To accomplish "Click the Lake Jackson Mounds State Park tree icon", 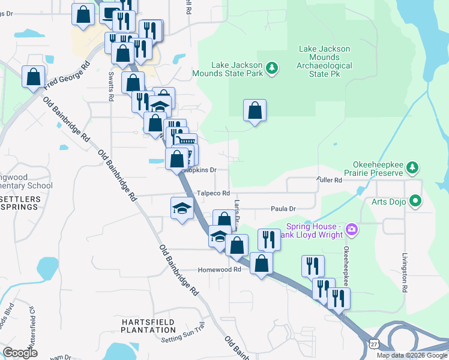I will click(x=273, y=67).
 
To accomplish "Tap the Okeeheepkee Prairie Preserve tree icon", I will click(x=412, y=166).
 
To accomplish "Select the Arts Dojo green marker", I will click(x=415, y=201).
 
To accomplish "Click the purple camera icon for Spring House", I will click(x=352, y=229).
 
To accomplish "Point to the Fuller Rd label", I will click(x=329, y=180).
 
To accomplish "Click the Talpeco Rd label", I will click(x=214, y=193).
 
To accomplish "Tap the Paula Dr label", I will click(x=284, y=209).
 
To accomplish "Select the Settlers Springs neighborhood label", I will click(x=19, y=203).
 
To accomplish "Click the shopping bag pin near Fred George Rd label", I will click(x=33, y=77).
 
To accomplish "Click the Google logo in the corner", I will click(x=20, y=353).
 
